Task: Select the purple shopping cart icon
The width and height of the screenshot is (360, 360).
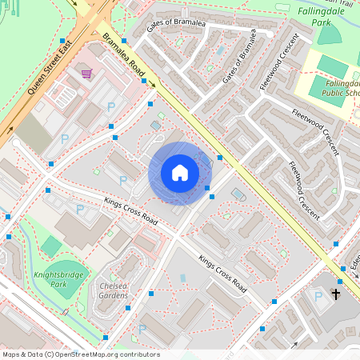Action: click(86, 74)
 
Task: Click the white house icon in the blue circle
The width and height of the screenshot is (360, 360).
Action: click(180, 173)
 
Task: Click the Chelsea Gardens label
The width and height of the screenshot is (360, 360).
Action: click(113, 290)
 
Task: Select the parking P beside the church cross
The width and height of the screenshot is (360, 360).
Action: click(318, 297)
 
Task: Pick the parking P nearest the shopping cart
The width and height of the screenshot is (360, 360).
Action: click(111, 106)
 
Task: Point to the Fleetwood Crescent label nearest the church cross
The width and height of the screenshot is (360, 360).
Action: click(305, 190)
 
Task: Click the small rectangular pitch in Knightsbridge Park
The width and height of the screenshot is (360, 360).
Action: click(51, 246)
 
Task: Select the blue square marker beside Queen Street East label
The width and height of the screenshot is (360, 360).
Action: click(62, 40)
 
